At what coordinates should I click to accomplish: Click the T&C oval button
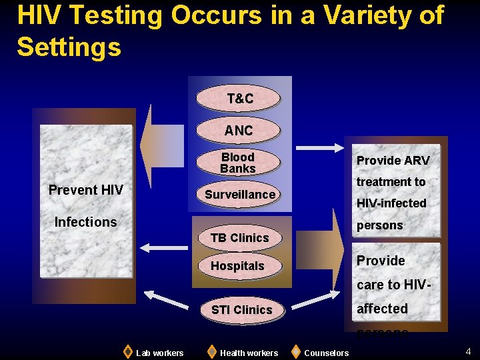pos(240,99)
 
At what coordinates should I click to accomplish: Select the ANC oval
pos(239,131)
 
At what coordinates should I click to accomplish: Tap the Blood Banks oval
pos(238,163)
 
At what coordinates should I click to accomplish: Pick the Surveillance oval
pos(239,195)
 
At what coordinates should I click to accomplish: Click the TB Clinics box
pos(239,238)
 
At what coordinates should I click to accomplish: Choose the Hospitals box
pos(237,266)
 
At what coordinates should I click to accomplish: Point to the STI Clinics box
pos(241,310)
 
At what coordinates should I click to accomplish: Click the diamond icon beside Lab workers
pos(128,351)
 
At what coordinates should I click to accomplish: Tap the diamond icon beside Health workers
pos(211,351)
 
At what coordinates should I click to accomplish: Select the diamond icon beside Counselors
pos(296,351)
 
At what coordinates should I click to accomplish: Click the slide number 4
pos(468,351)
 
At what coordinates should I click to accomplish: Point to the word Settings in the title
pos(69,47)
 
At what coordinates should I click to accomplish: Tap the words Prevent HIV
pos(86,190)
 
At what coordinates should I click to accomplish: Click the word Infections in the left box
pos(85,222)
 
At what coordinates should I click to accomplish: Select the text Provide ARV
pos(393,161)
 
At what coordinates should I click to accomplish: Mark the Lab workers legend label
pos(159,353)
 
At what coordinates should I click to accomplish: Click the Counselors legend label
pos(326,353)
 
